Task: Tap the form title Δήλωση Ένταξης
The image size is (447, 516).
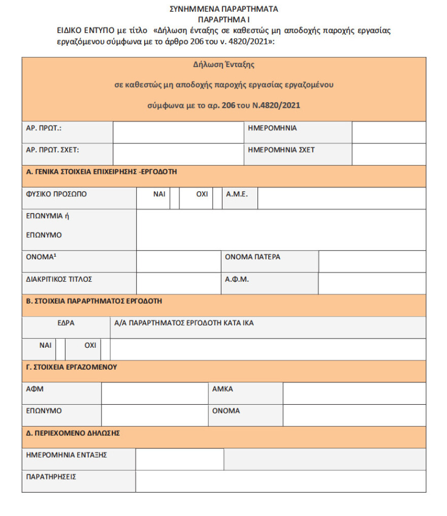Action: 223,65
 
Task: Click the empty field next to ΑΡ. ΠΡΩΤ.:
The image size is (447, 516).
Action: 178,132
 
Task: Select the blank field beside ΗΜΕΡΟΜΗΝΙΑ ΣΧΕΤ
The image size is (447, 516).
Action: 389,154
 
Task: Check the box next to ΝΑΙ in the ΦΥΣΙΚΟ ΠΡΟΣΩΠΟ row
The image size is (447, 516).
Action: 175,198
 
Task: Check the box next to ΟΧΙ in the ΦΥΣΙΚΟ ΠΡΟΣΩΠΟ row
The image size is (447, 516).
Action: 217,198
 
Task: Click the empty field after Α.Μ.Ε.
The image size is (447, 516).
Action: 341,198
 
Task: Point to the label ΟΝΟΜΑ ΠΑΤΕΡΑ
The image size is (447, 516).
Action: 252,257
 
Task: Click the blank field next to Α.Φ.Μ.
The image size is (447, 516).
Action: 372,283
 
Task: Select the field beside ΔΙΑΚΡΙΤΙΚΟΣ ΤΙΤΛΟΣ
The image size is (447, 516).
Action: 178,283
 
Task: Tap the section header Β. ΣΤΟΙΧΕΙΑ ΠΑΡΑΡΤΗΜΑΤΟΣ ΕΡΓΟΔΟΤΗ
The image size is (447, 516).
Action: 94,301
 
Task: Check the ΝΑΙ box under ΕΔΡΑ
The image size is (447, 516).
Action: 60,349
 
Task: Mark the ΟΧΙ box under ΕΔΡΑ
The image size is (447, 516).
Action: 105,349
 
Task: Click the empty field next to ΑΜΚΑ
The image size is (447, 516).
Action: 354,393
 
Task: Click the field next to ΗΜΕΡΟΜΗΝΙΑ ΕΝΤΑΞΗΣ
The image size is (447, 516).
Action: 179,459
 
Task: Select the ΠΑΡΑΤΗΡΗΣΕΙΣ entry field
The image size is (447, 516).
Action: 280,481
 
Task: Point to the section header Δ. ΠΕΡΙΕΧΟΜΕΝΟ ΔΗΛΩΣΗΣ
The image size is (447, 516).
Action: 73,433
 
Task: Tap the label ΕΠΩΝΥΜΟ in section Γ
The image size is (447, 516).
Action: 44,411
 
